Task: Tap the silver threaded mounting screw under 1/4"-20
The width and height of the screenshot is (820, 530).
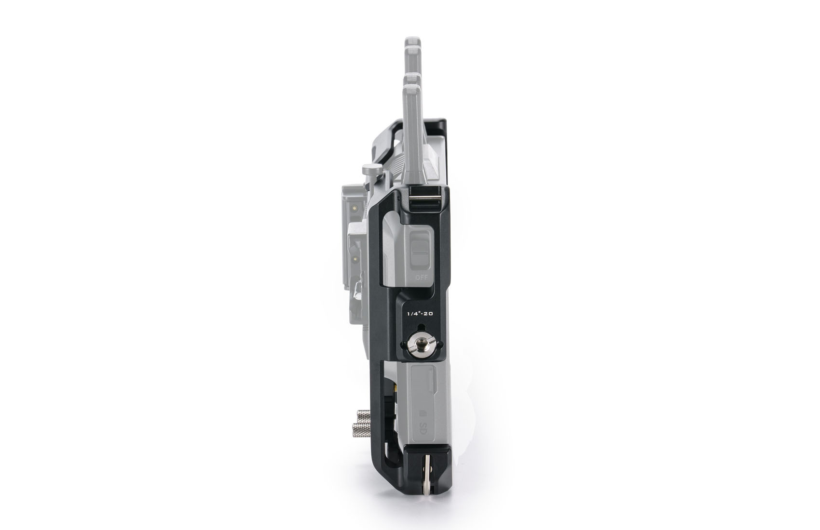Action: [x=422, y=344]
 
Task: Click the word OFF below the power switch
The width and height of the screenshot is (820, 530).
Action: [x=422, y=278]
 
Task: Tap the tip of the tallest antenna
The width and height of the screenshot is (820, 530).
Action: [x=413, y=38]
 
